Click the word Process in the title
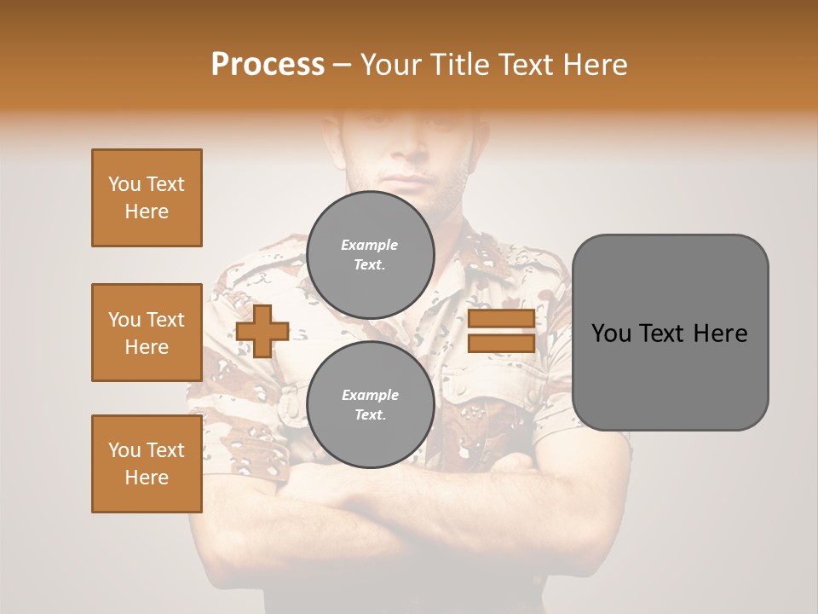pos(268,65)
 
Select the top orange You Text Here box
pos(147,198)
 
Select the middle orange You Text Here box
pos(147,333)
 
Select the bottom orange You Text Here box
pos(147,464)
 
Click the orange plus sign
pos(262,331)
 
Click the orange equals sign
pos(501,331)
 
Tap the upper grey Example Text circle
pos(370,255)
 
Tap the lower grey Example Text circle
pos(370,405)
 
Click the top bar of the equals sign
pos(501,319)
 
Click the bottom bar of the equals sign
pos(501,343)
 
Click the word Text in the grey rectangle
pos(661,333)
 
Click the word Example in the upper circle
pos(370,246)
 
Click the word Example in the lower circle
pos(370,396)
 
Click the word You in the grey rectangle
pos(611,333)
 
